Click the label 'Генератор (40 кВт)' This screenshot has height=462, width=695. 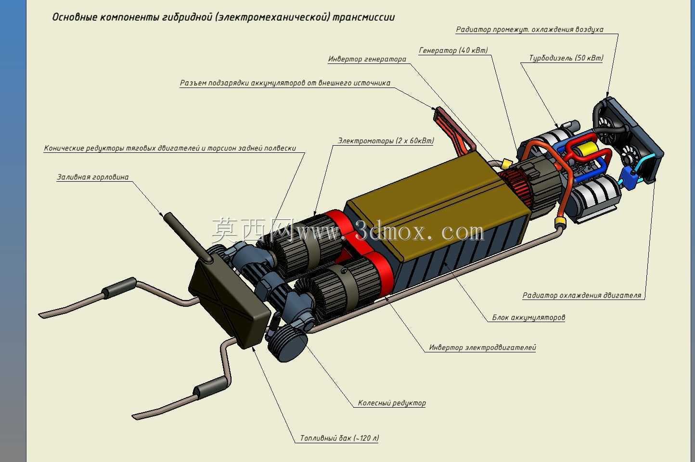click(453, 50)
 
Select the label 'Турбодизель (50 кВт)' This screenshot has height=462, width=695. click(566, 58)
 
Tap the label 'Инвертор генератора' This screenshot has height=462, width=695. click(367, 59)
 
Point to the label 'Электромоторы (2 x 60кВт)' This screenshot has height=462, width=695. click(386, 141)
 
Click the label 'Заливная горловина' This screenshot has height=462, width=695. click(92, 177)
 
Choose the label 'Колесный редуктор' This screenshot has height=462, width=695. click(392, 403)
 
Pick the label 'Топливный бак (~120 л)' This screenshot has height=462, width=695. click(339, 438)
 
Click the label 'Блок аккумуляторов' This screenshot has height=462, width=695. click(528, 317)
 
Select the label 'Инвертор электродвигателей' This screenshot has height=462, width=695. click(482, 348)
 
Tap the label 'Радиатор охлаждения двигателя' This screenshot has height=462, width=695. click(582, 295)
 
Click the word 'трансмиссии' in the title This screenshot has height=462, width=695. click(364, 17)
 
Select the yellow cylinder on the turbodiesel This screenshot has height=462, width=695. click(584, 151)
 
